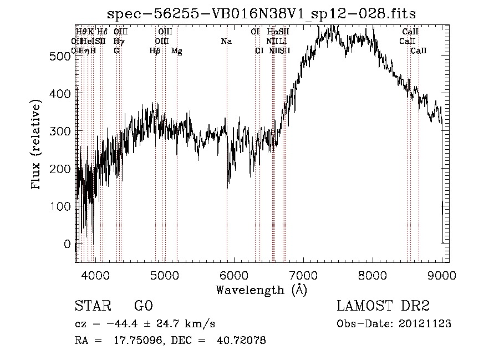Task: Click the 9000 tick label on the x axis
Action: pyautogui.click(x=441, y=275)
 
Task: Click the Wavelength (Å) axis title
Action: pyautogui.click(x=261, y=290)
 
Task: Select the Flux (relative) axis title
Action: pyautogui.click(x=37, y=145)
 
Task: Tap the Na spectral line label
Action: pyautogui.click(x=226, y=42)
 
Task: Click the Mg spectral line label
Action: pyautogui.click(x=176, y=51)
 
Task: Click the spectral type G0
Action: pyautogui.click(x=143, y=307)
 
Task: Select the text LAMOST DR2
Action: pyautogui.click(x=383, y=307)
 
